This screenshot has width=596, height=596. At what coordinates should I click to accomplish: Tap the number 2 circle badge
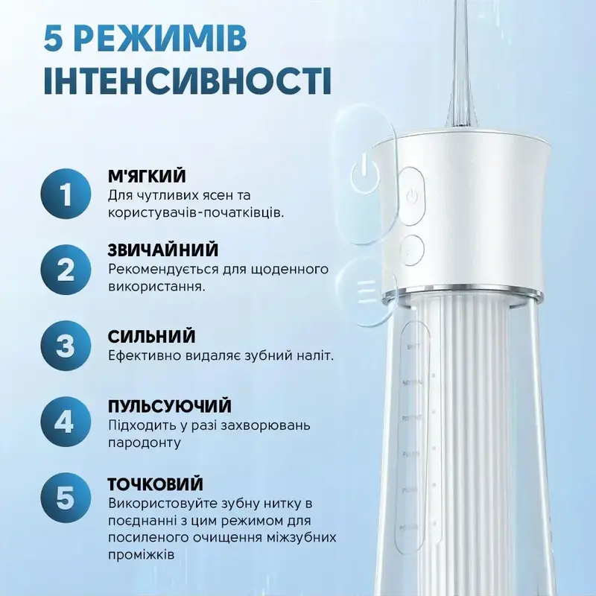click(66, 268)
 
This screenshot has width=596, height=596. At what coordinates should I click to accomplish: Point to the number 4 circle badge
click(66, 422)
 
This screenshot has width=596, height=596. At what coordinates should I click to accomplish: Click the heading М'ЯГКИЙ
click(147, 177)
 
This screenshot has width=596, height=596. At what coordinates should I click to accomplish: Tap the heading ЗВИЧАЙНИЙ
click(163, 250)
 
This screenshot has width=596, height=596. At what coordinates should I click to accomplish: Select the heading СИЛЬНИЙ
click(151, 336)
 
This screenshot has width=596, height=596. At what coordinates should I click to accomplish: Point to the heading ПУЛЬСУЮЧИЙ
click(170, 407)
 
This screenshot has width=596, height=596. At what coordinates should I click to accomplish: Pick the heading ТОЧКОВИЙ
click(156, 484)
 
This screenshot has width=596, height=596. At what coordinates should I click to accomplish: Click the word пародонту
click(144, 443)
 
